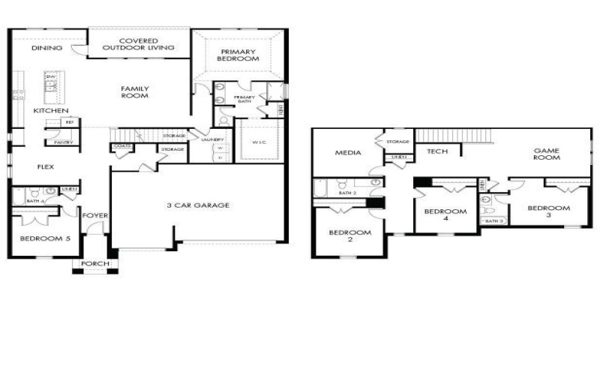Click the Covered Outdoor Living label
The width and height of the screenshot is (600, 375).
click(138, 43)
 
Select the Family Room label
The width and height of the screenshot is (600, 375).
click(135, 92)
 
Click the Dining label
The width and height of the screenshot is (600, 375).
click(46, 48)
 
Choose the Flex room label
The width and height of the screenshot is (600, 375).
click(45, 166)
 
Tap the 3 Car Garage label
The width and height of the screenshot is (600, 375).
click(198, 205)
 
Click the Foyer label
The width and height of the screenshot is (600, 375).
click(95, 216)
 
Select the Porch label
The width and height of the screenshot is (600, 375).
click(96, 263)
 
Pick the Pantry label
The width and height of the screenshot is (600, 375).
click(63, 142)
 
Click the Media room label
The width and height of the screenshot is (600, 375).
click(348, 153)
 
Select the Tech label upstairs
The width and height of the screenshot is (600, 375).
click(437, 151)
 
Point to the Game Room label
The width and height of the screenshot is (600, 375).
click(547, 154)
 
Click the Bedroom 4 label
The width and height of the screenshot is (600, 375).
click(445, 215)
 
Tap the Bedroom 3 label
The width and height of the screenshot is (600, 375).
click(548, 211)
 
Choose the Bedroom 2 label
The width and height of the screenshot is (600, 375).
click(349, 236)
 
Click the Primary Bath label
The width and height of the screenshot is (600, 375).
click(244, 99)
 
